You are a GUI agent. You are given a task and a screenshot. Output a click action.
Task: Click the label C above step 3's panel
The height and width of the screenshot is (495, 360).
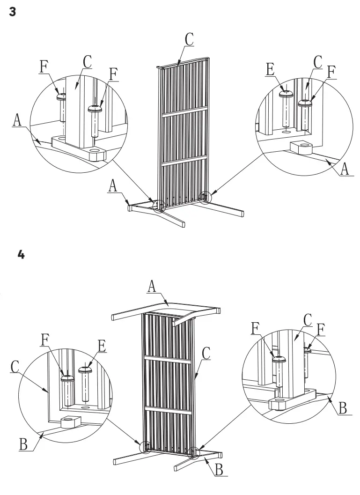[x=189, y=40]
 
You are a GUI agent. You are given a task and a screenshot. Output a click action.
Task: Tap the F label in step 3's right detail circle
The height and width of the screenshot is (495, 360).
[x=331, y=72]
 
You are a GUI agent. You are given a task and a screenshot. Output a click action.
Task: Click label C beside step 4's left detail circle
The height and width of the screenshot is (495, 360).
[x=15, y=366]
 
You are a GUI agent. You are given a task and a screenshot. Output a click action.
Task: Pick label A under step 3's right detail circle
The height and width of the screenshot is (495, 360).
[x=345, y=169]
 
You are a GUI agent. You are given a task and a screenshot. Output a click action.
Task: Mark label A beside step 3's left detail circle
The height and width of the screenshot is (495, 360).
[x=17, y=120]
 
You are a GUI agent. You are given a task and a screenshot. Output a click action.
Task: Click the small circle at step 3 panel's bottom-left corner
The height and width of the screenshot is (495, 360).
[x=160, y=205]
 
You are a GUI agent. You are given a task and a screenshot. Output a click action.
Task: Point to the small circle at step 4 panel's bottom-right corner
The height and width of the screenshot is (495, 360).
[x=193, y=452]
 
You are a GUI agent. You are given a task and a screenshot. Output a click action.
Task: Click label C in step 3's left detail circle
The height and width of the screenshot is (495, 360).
[x=87, y=61]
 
